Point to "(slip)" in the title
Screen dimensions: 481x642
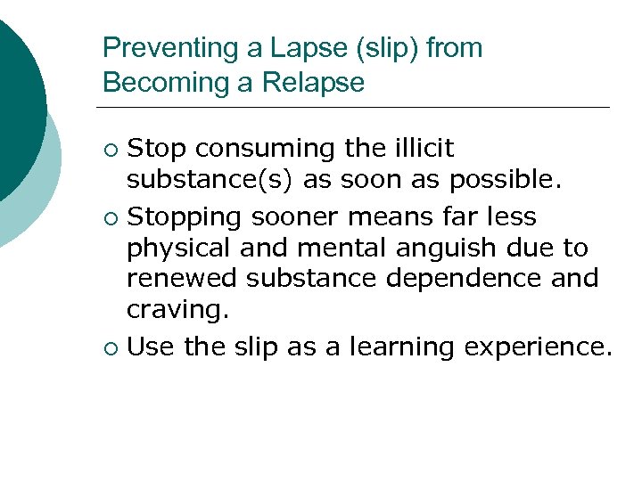pos(388,48)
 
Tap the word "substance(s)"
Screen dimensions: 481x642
pos(210,181)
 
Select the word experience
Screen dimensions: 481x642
pos(539,345)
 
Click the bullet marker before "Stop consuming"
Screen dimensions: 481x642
pos(110,148)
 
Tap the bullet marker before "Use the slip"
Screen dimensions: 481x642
pos(110,345)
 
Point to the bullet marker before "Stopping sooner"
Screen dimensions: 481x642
pos(110,216)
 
